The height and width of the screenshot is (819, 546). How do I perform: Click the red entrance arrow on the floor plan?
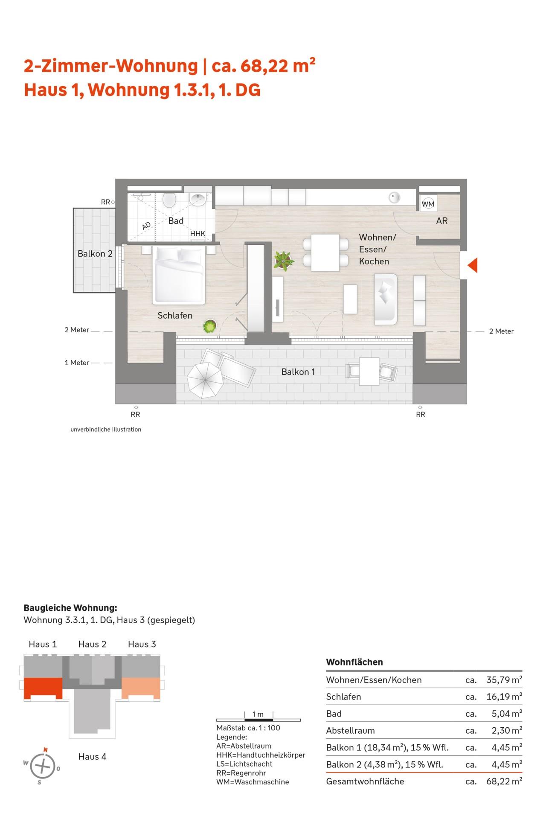coord(472,265)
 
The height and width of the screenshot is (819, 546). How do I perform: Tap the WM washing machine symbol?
coord(428,204)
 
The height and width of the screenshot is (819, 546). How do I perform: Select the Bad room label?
coord(176,221)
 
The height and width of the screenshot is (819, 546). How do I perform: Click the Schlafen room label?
coord(175,315)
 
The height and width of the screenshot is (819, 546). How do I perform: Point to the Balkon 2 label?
coord(95,253)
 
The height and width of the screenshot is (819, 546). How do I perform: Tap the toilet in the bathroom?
coord(170,200)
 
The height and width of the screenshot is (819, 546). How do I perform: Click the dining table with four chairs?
coord(325,253)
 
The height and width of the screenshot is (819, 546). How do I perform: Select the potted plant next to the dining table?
coord(283,261)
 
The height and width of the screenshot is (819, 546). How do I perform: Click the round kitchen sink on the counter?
coord(395,197)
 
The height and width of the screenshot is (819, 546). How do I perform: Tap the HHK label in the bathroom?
coord(197,234)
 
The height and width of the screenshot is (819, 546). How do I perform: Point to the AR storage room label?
coord(442,221)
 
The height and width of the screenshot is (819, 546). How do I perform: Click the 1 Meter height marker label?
coord(77,363)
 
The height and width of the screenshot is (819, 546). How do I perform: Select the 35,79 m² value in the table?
coord(504,680)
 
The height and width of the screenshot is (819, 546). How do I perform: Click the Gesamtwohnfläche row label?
coord(365,781)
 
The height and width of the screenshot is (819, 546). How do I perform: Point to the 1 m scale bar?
coord(258,720)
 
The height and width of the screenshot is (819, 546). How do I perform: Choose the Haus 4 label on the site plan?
coord(92,756)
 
